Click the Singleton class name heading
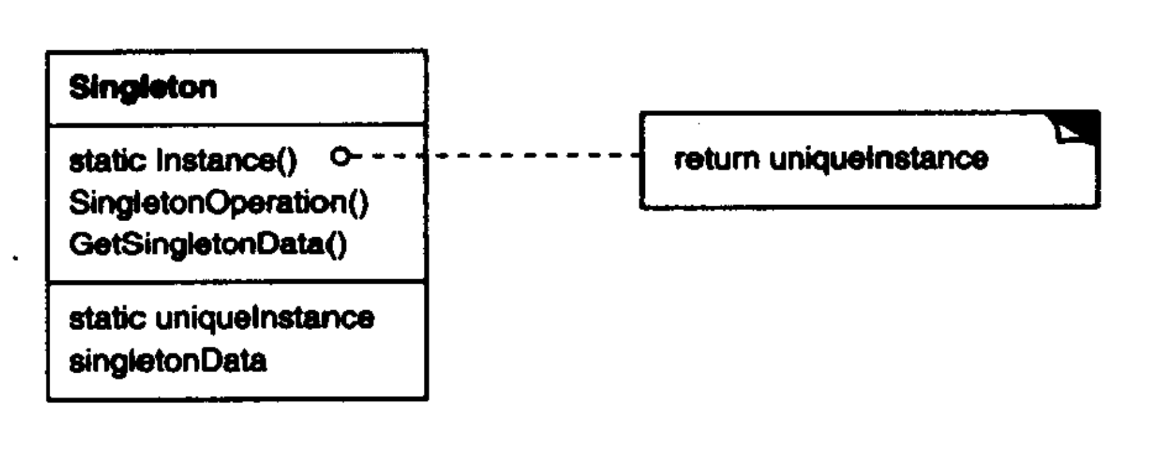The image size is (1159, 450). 143,88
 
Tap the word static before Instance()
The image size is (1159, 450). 108,161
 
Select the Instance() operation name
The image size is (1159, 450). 226,161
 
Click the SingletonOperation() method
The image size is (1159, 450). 218,204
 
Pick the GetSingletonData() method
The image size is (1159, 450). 207,245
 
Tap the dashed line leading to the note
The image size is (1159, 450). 515,155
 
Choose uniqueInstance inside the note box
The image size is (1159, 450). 879,159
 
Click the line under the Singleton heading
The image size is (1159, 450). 237,123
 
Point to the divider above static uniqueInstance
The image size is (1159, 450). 237,281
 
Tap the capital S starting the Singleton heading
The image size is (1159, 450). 78,88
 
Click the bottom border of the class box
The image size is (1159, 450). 237,399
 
